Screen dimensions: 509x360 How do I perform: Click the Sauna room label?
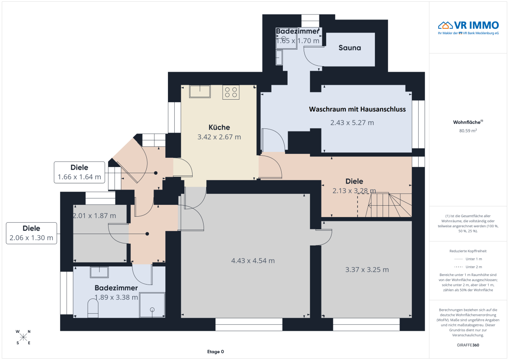(350, 47)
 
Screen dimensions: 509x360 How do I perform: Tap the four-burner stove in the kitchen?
(231, 92)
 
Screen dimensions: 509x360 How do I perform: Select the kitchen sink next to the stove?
(200, 91)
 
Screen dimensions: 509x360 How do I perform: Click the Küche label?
(219, 127)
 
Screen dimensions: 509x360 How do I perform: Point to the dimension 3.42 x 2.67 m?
(219, 137)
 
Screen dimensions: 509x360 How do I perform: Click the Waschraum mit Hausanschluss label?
(357, 109)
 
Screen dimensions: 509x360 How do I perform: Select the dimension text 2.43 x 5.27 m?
(352, 123)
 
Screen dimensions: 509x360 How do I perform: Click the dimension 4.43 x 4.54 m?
(253, 260)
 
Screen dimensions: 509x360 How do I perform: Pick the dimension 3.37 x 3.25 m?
(367, 270)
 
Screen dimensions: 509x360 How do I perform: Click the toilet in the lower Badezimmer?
(93, 308)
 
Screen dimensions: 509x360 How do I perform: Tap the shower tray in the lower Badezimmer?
(152, 305)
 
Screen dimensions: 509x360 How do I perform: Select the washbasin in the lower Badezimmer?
(99, 272)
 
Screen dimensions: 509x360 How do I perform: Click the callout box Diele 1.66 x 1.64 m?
(79, 172)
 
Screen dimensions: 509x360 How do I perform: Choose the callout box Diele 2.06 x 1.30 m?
(31, 233)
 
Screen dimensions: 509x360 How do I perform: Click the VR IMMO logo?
(468, 28)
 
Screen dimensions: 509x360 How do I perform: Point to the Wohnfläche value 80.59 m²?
(468, 131)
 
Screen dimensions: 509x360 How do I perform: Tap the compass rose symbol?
(23, 337)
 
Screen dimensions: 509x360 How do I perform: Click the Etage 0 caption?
(215, 352)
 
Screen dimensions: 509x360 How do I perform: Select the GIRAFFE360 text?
(468, 345)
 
